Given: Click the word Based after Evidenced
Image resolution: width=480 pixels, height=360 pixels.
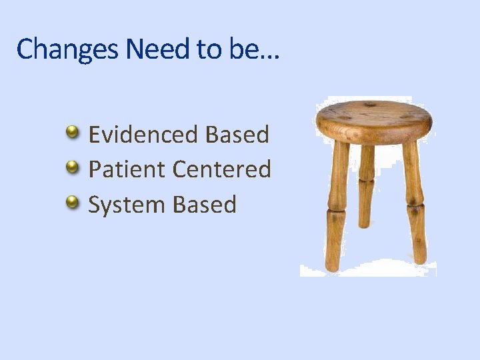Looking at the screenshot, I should tap(237, 135).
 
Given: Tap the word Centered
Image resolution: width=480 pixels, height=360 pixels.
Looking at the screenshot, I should tap(222, 169).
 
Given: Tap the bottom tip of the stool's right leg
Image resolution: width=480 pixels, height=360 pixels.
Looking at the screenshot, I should tap(419, 260).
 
